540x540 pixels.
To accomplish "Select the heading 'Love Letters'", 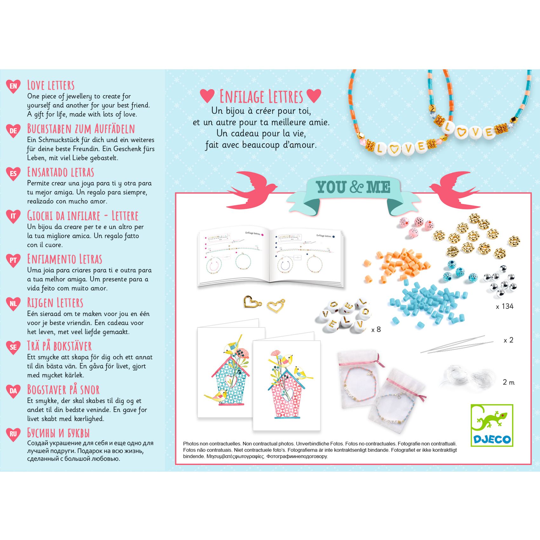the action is tap(51, 85).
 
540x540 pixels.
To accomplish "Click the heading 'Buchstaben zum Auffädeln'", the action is tap(81, 129).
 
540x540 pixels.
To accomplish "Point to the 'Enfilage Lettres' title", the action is tap(261, 97).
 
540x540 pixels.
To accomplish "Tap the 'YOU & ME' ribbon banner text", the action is tap(353, 187).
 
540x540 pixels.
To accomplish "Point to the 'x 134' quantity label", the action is tap(504, 307).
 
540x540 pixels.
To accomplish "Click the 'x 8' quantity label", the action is tap(376, 330).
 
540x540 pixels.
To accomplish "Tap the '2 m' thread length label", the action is tap(509, 382).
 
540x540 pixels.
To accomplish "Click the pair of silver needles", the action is tap(457, 345).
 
